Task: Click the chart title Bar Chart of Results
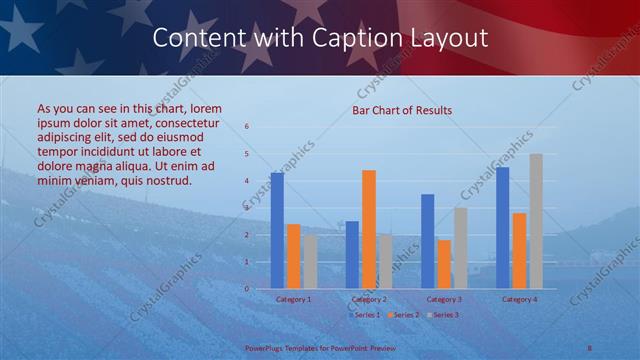pos(401,110)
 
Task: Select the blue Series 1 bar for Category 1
pos(277,230)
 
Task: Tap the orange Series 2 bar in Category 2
pos(368,229)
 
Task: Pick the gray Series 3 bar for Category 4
pos(535,221)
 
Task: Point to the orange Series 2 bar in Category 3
pos(444,264)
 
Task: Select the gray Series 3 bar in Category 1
pos(310,261)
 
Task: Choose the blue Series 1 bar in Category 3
pos(428,241)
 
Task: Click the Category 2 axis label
pos(369,299)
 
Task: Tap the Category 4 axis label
pos(519,299)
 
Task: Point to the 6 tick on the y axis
pos(247,127)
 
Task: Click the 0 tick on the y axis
pos(247,288)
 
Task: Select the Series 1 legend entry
pos(364,315)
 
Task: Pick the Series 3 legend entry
pos(444,315)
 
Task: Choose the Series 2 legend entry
pos(404,315)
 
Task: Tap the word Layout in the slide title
pos(447,38)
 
